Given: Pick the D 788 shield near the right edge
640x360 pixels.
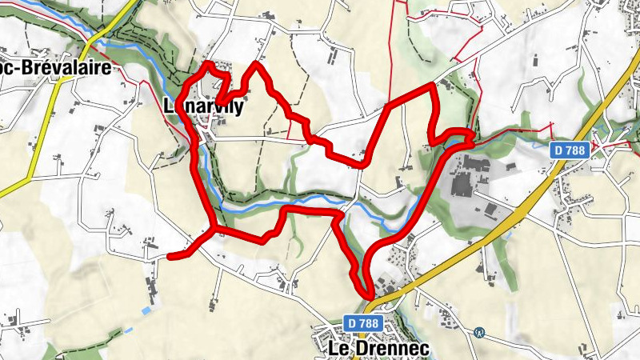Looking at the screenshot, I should [570, 150].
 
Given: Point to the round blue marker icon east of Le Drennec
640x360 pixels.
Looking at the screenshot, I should [479, 332].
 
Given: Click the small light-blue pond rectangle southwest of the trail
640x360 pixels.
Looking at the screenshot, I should [146, 310].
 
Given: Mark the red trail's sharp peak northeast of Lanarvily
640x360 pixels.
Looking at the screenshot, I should [257, 64].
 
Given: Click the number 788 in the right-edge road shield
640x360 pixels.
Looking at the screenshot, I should [576, 150].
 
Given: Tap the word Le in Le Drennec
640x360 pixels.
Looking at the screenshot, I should [338, 349].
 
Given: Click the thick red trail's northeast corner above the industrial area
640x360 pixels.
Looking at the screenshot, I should [435, 85].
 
